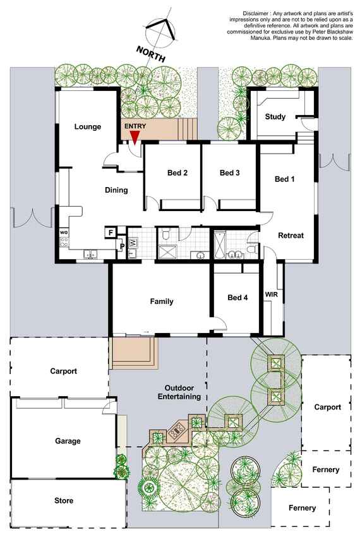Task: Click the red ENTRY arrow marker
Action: [135, 138]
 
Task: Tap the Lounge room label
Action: [88, 127]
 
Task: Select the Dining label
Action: [116, 190]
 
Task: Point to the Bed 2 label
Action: [177, 173]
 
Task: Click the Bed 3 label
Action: [229, 173]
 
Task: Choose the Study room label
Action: [275, 117]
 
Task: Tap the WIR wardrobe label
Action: [272, 294]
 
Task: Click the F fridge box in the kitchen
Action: [111, 233]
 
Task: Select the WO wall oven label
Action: [64, 233]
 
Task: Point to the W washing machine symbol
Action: [133, 243]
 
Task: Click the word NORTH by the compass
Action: [151, 54]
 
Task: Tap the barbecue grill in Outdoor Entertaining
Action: [177, 429]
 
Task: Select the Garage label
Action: [68, 441]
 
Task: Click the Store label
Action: [64, 500]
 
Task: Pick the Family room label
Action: [162, 301]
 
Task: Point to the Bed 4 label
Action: [237, 298]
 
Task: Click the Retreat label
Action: [291, 236]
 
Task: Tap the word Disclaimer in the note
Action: [255, 13]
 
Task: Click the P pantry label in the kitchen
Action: [122, 246]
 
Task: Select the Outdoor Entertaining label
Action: [179, 392]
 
